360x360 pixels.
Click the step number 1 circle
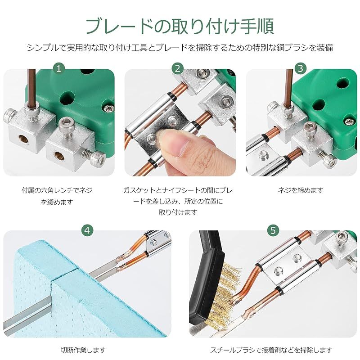coord(58,68)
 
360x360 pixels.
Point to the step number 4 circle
coord(88,230)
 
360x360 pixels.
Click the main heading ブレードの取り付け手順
coord(180,26)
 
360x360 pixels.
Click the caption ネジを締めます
coord(301,190)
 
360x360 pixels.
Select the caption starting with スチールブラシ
coord(272,350)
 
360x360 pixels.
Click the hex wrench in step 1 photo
coord(30,90)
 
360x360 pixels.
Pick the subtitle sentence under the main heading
coord(180,47)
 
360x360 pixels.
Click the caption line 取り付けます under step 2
coord(178,212)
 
